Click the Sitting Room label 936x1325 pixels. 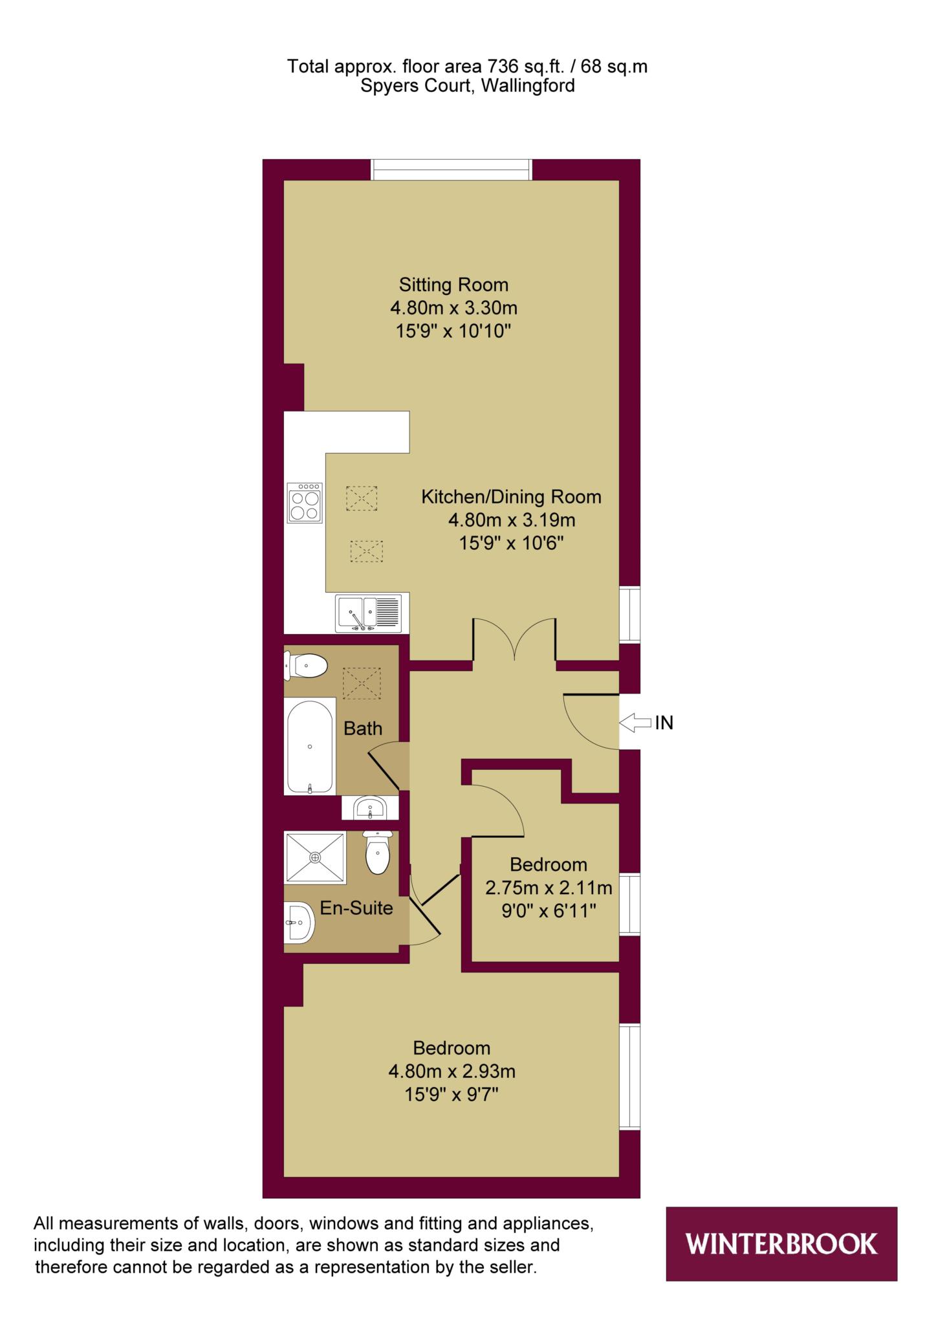click(453, 285)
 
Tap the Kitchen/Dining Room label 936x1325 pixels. click(511, 497)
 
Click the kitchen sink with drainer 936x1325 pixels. click(368, 613)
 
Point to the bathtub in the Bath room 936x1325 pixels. click(310, 747)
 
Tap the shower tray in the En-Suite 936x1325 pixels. click(315, 857)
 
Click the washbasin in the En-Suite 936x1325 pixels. click(299, 922)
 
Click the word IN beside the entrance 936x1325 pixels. click(664, 723)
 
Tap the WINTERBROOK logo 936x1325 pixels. click(781, 1243)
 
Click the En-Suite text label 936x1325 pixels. click(356, 908)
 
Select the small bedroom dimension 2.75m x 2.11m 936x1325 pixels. click(549, 888)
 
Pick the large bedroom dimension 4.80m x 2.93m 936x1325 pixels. click(452, 1071)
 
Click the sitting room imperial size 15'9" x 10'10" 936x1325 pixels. click(453, 331)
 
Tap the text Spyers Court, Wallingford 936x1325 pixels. click(468, 86)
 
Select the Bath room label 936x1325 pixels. click(363, 728)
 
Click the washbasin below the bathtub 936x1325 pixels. click(369, 807)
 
